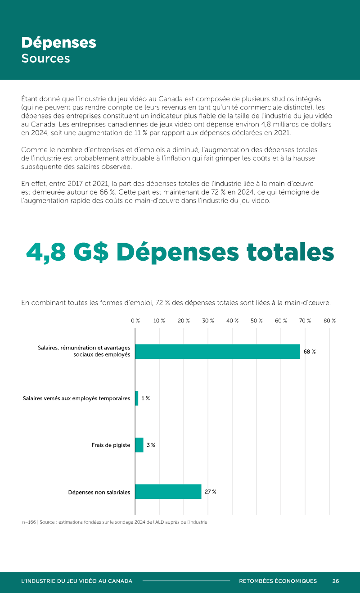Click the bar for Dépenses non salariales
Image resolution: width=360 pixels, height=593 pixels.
(168, 492)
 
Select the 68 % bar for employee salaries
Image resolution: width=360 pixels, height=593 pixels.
(218, 352)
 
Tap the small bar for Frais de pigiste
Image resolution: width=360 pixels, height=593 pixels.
(139, 445)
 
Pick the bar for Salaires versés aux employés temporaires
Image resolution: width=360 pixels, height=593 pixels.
(137, 398)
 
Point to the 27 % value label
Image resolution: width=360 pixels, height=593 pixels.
(211, 492)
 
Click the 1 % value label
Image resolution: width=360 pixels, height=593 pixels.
(145, 398)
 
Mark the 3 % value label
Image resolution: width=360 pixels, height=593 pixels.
(151, 445)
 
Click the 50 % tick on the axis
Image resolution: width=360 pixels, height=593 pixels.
(256, 321)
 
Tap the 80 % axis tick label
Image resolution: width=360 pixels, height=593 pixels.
(329, 321)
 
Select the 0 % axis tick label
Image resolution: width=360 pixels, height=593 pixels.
(135, 321)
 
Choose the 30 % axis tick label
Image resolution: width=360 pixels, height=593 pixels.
(208, 321)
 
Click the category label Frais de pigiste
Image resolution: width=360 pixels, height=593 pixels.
(111, 445)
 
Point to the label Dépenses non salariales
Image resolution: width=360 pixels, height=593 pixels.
(99, 492)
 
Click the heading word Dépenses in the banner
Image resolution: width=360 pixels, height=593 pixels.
(58, 43)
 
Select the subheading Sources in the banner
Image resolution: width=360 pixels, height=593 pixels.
(45, 59)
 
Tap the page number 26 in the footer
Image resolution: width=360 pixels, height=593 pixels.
(336, 581)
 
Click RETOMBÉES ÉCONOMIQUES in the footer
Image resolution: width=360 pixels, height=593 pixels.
(278, 581)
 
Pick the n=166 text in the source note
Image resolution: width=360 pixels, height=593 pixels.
(29, 522)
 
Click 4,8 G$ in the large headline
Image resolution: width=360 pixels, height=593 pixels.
(67, 252)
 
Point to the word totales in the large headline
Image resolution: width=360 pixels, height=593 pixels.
(290, 252)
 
